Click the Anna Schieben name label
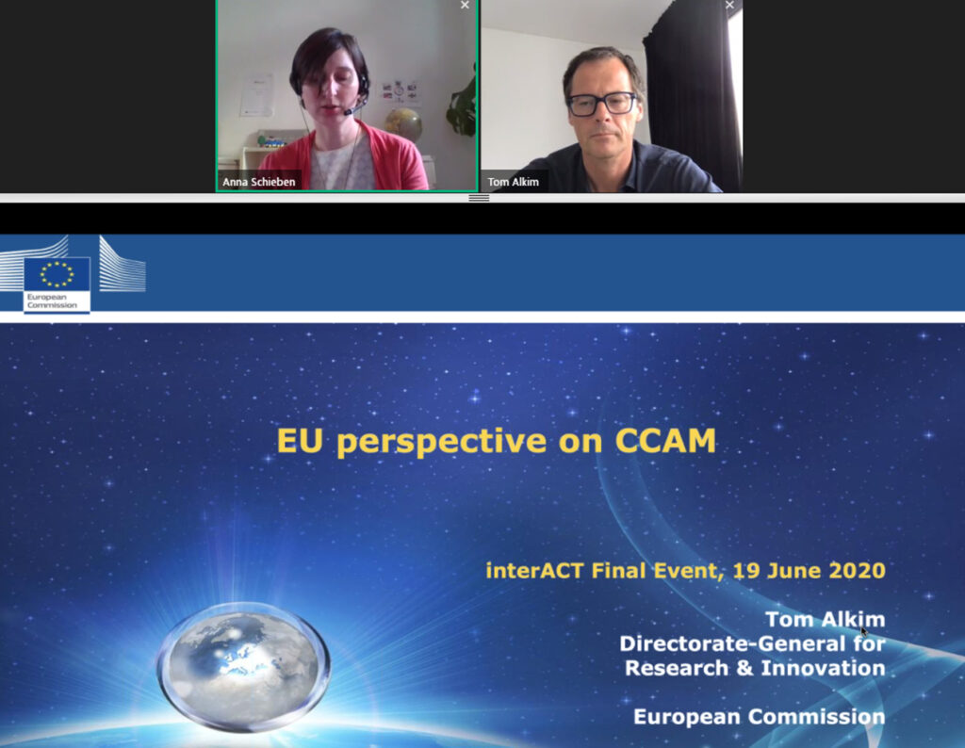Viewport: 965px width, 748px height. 258,182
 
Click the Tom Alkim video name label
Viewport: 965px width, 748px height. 513,182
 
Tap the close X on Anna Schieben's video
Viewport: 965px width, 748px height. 465,5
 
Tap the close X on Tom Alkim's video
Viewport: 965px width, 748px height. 729,5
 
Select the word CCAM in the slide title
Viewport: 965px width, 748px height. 665,441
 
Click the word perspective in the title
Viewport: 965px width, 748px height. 441,443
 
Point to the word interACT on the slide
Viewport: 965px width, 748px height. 533,570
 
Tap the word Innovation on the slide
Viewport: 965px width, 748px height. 823,668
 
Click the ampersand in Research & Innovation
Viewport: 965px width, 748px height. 744,668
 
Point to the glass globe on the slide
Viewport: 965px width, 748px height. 244,667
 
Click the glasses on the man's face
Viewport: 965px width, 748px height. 601,104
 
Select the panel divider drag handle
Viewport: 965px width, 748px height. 479,198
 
